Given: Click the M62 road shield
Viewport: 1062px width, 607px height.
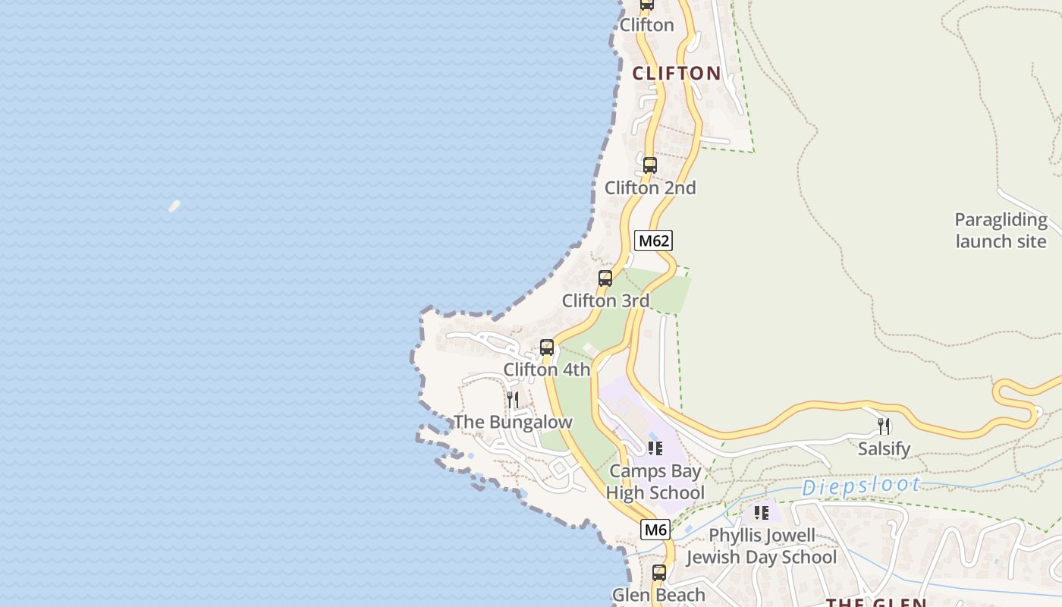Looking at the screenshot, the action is coord(653,241).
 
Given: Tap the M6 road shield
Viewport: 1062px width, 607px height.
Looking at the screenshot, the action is coord(655,530).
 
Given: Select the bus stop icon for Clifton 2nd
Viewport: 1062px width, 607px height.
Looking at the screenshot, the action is coord(650,165).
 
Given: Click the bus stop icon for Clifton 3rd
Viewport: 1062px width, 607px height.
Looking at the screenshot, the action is coord(605,278).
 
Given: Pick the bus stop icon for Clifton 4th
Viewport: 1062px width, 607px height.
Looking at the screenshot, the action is coord(546,348).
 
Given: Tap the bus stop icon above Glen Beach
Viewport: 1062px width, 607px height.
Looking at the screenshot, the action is coord(659,573).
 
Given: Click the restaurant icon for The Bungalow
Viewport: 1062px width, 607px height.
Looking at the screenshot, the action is coord(513,400).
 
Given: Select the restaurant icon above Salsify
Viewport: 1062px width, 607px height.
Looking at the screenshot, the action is coord(884,426).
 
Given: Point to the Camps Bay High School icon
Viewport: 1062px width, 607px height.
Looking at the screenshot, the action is coord(655,448).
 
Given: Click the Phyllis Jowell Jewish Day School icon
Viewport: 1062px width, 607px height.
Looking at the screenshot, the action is coord(761,513).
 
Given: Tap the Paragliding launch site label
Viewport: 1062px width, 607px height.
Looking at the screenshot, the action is coord(1001,231).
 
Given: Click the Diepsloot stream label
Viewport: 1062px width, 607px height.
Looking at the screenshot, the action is coord(862,486).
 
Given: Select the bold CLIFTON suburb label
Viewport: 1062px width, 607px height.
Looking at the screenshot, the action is coord(677,74).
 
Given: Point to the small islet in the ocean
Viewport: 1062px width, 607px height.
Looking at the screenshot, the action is coord(174,206).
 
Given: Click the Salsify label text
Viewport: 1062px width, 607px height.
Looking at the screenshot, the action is coord(884,449).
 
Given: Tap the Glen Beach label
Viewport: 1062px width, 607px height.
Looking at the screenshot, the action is coord(658,595).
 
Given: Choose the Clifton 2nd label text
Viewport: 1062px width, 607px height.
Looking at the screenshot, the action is coord(650,188).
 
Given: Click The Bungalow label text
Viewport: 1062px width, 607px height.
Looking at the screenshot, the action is coord(513,423).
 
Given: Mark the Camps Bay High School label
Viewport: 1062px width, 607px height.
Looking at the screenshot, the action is coord(655,482).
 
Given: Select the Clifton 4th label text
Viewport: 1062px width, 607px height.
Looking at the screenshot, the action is coord(546,370).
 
